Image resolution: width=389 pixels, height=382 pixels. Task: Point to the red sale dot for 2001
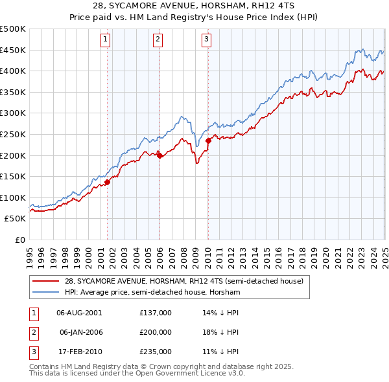click(x=108, y=182)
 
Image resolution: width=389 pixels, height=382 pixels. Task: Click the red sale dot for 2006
click(x=159, y=155)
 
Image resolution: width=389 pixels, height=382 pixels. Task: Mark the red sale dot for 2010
click(x=208, y=140)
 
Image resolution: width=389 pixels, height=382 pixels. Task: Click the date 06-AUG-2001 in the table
click(x=79, y=312)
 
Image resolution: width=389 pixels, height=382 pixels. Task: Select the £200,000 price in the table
click(x=156, y=332)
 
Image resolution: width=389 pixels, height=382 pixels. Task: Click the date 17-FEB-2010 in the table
click(x=79, y=352)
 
